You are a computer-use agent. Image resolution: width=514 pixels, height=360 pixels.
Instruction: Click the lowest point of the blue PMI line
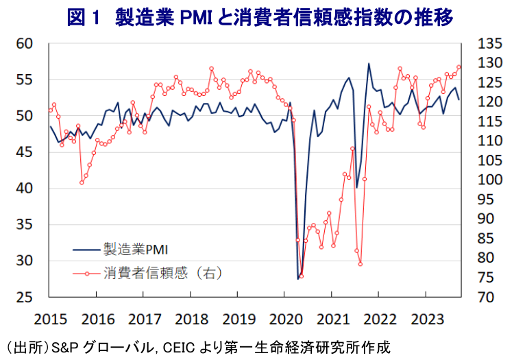pos(298,278)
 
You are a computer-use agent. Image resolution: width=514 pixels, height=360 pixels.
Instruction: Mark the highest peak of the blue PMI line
pos(369,64)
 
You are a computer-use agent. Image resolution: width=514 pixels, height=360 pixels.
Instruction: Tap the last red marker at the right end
pos(459,67)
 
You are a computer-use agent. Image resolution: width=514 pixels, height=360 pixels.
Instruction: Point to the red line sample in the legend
pos(86,273)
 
